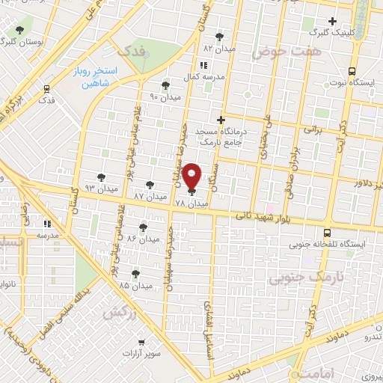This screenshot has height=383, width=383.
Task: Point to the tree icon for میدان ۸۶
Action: click(x=143, y=227)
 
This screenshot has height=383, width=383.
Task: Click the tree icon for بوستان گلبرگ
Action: click(x=18, y=31)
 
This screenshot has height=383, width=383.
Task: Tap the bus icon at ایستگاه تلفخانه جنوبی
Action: click(x=327, y=233)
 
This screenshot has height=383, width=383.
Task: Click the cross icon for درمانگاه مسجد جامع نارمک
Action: click(x=220, y=120)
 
